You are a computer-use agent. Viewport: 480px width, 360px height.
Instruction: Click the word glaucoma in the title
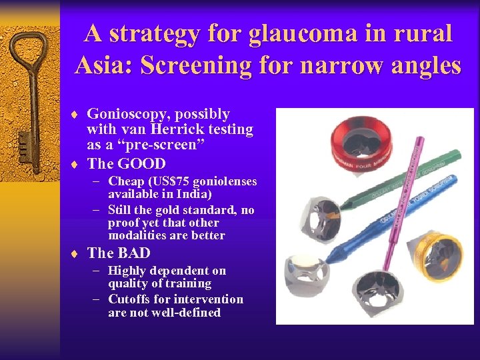point(291,33)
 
